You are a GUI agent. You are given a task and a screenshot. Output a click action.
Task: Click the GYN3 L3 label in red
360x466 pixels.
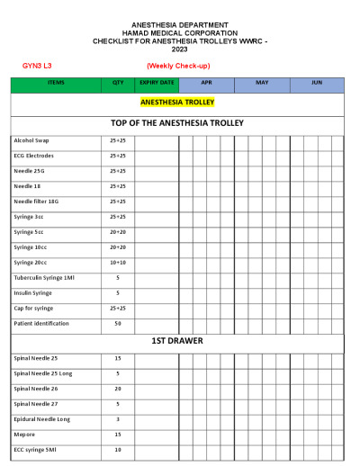pyautogui.click(x=37, y=66)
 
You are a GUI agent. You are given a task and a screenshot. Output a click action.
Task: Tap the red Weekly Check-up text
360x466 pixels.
pyautogui.click(x=177, y=66)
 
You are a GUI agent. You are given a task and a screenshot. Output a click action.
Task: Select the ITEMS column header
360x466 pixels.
pyautogui.click(x=55, y=82)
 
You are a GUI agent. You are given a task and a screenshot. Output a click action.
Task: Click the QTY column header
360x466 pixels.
pyautogui.click(x=117, y=82)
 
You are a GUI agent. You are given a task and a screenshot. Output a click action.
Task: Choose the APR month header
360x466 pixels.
pyautogui.click(x=206, y=82)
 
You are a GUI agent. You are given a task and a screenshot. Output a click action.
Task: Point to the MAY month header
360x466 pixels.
pyautogui.click(x=261, y=82)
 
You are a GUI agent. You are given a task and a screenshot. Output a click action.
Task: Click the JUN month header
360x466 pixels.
pyautogui.click(x=316, y=82)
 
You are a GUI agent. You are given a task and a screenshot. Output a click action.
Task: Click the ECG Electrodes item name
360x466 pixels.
pyautogui.click(x=34, y=156)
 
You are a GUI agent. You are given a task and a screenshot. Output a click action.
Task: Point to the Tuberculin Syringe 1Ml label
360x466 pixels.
pyautogui.click(x=43, y=277)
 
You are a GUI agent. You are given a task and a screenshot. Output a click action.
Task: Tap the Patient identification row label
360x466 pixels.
pyautogui.click(x=41, y=323)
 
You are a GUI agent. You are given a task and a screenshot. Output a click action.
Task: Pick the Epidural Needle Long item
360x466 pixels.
pyautogui.click(x=41, y=418)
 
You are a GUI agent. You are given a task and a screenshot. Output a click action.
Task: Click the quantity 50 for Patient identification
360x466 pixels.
pyautogui.click(x=117, y=323)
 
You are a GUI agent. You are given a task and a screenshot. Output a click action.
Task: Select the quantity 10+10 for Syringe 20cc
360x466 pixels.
pyautogui.click(x=117, y=262)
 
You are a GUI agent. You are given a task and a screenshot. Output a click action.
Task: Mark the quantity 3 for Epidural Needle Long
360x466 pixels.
pyautogui.click(x=117, y=418)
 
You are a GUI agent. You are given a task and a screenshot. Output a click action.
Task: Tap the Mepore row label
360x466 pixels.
pyautogui.click(x=24, y=434)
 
